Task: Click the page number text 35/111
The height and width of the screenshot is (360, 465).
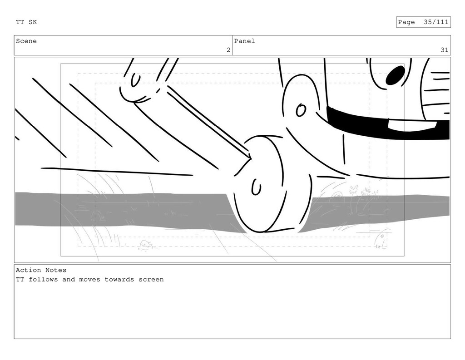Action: click(436, 22)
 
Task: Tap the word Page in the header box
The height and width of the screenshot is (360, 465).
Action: click(406, 22)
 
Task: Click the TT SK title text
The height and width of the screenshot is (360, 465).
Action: click(26, 22)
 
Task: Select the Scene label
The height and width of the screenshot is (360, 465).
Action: click(26, 41)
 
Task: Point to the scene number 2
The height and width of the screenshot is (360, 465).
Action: click(228, 50)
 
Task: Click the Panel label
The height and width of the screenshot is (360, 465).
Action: click(244, 41)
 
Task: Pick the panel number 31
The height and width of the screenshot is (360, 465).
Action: click(444, 50)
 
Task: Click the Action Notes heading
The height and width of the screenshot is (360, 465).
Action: click(41, 270)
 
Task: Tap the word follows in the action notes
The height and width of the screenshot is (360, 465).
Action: click(43, 279)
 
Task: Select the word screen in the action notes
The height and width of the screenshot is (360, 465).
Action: click(151, 279)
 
